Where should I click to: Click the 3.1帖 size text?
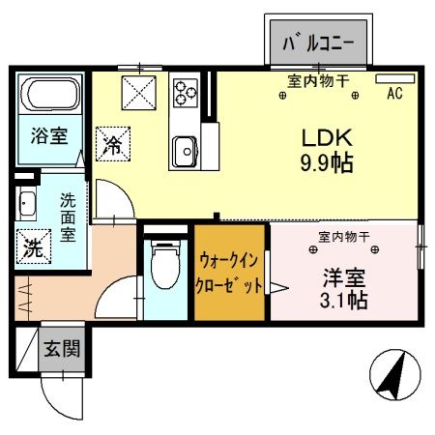click(x=345, y=301)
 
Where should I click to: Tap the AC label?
click(x=394, y=94)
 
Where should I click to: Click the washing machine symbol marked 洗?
click(x=33, y=246)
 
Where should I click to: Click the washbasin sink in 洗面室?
click(x=25, y=203)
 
